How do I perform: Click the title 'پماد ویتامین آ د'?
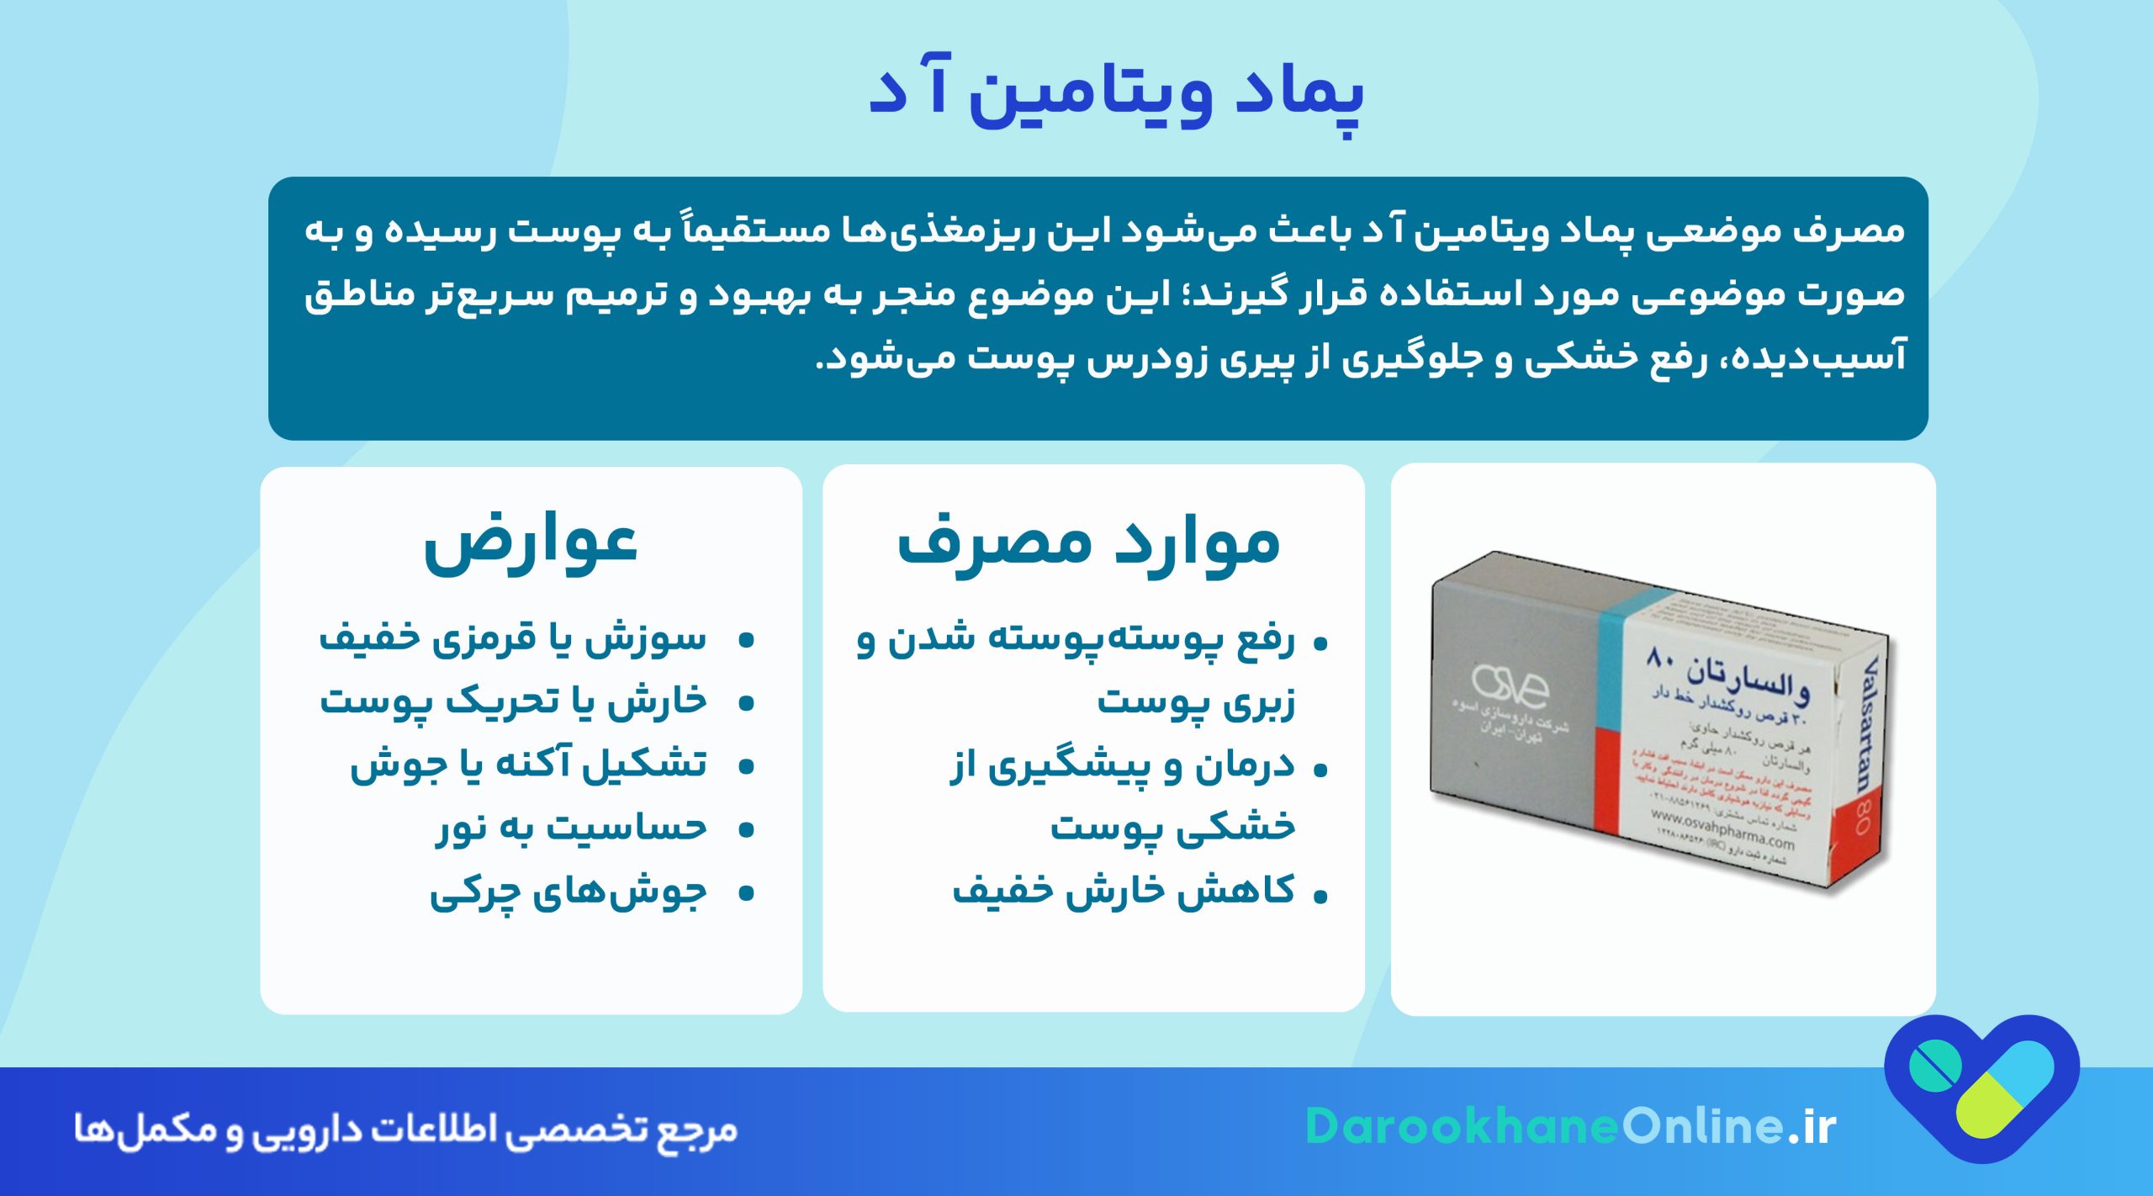[x=1115, y=93]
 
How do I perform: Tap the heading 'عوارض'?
[x=531, y=543]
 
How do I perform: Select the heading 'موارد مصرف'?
[x=1088, y=543]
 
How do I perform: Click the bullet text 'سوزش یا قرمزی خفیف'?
[x=513, y=638]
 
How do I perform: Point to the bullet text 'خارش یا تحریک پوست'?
[x=513, y=701]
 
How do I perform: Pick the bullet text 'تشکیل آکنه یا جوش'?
[x=528, y=765]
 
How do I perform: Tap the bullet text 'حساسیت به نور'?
[x=571, y=828]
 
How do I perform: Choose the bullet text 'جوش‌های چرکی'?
[x=569, y=892]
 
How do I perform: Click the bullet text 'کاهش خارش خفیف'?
[x=1124, y=890]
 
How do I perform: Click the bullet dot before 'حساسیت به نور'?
[x=745, y=830]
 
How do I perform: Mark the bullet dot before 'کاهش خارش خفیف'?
[x=1320, y=897]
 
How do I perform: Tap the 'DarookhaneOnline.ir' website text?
[x=1570, y=1126]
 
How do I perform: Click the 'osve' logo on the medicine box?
[x=1510, y=686]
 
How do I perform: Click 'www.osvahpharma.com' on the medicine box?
[x=1722, y=828]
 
